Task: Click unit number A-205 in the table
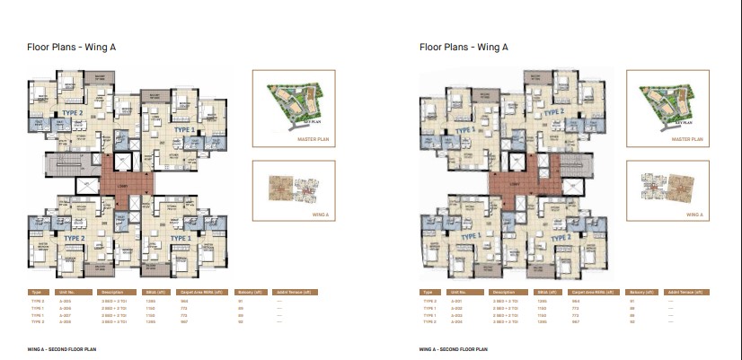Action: point(65,301)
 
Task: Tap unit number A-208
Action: point(65,320)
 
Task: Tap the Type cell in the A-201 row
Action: point(427,301)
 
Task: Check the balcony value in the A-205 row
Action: point(242,301)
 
